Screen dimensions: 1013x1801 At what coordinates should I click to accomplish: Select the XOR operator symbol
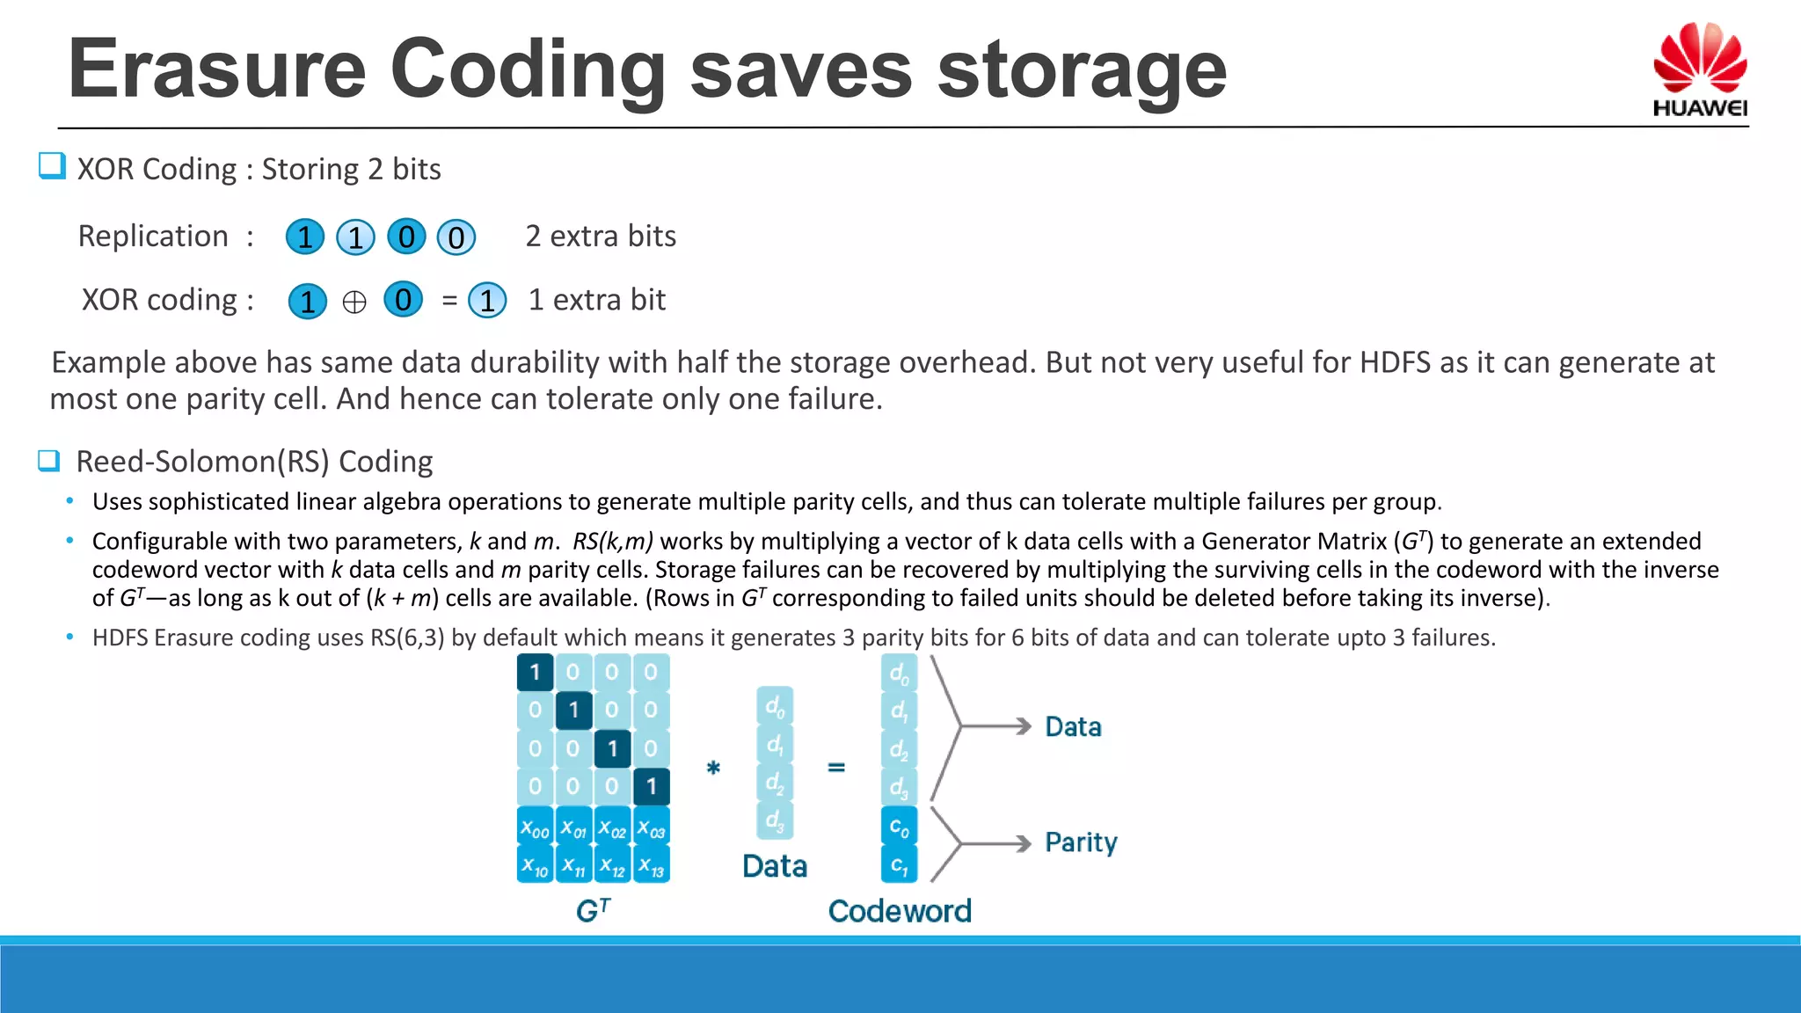pos(354,302)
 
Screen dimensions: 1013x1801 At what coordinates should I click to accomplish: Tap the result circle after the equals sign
pos(487,301)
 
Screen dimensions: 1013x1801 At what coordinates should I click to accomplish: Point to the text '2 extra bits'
pos(601,237)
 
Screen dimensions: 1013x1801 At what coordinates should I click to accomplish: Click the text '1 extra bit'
pos(596,300)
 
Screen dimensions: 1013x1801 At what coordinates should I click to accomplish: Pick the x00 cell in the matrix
pos(535,828)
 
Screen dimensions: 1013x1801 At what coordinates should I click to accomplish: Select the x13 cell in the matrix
pos(652,866)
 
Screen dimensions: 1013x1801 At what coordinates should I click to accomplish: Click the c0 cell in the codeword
pos(899,827)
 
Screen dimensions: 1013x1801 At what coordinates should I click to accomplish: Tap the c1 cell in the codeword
pos(899,865)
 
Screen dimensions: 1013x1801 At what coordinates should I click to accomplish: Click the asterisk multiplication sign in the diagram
pos(713,768)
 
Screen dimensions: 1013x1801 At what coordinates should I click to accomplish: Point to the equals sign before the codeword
pos(836,768)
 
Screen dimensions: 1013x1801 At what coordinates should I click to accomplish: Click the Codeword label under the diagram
pos(900,911)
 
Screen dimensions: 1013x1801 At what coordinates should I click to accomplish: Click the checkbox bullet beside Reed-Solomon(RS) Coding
pos(49,461)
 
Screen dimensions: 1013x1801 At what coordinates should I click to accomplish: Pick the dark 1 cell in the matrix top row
pos(535,673)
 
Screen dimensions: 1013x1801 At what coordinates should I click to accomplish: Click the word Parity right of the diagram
pos(1081,842)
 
